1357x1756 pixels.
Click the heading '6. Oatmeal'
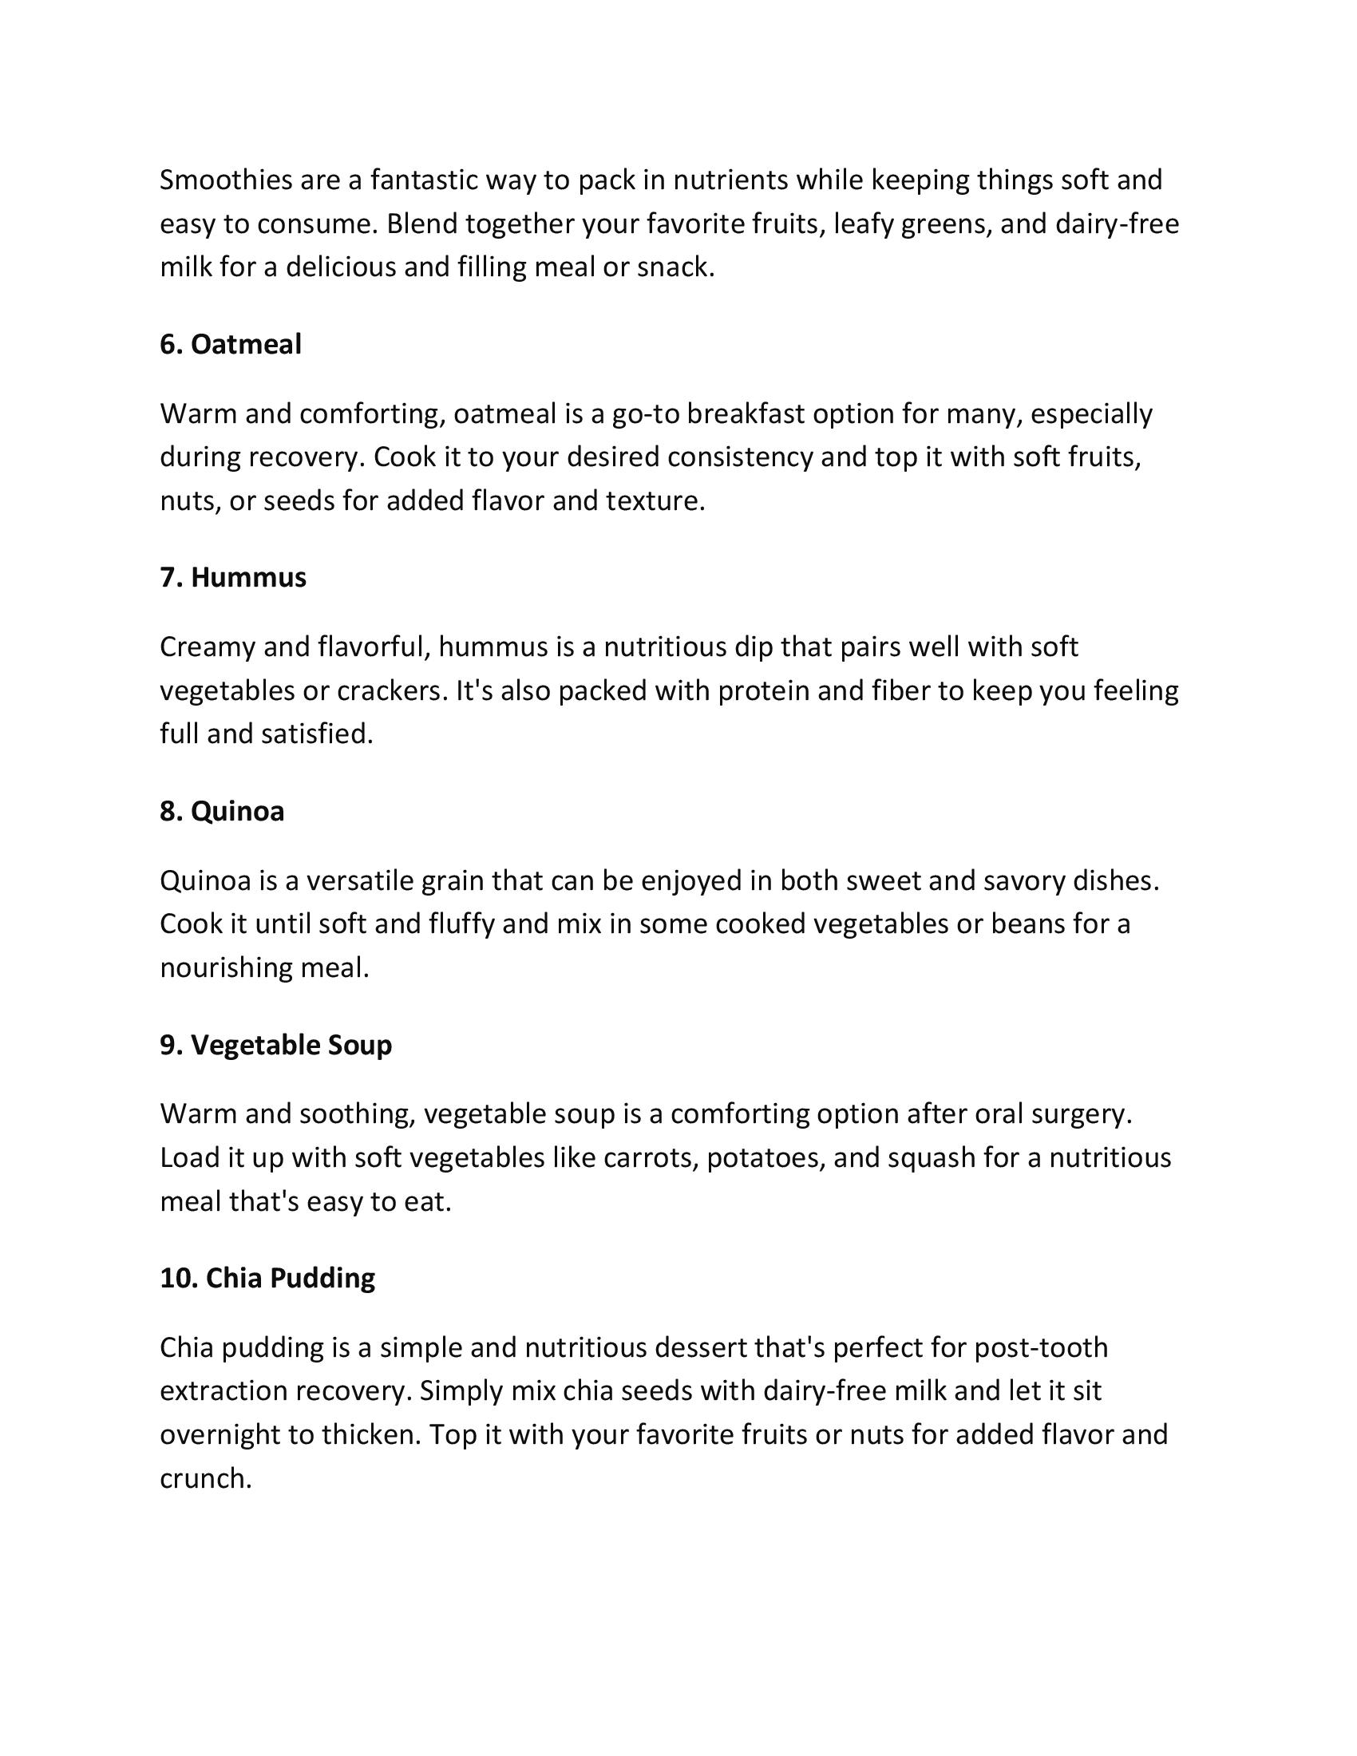[x=231, y=344]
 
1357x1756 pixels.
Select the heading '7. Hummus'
[x=233, y=577]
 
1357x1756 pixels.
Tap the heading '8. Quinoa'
[x=222, y=811]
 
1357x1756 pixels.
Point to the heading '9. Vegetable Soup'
[x=275, y=1045]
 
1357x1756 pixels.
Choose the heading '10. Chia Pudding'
[x=267, y=1278]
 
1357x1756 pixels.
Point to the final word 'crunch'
[x=205, y=1477]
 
